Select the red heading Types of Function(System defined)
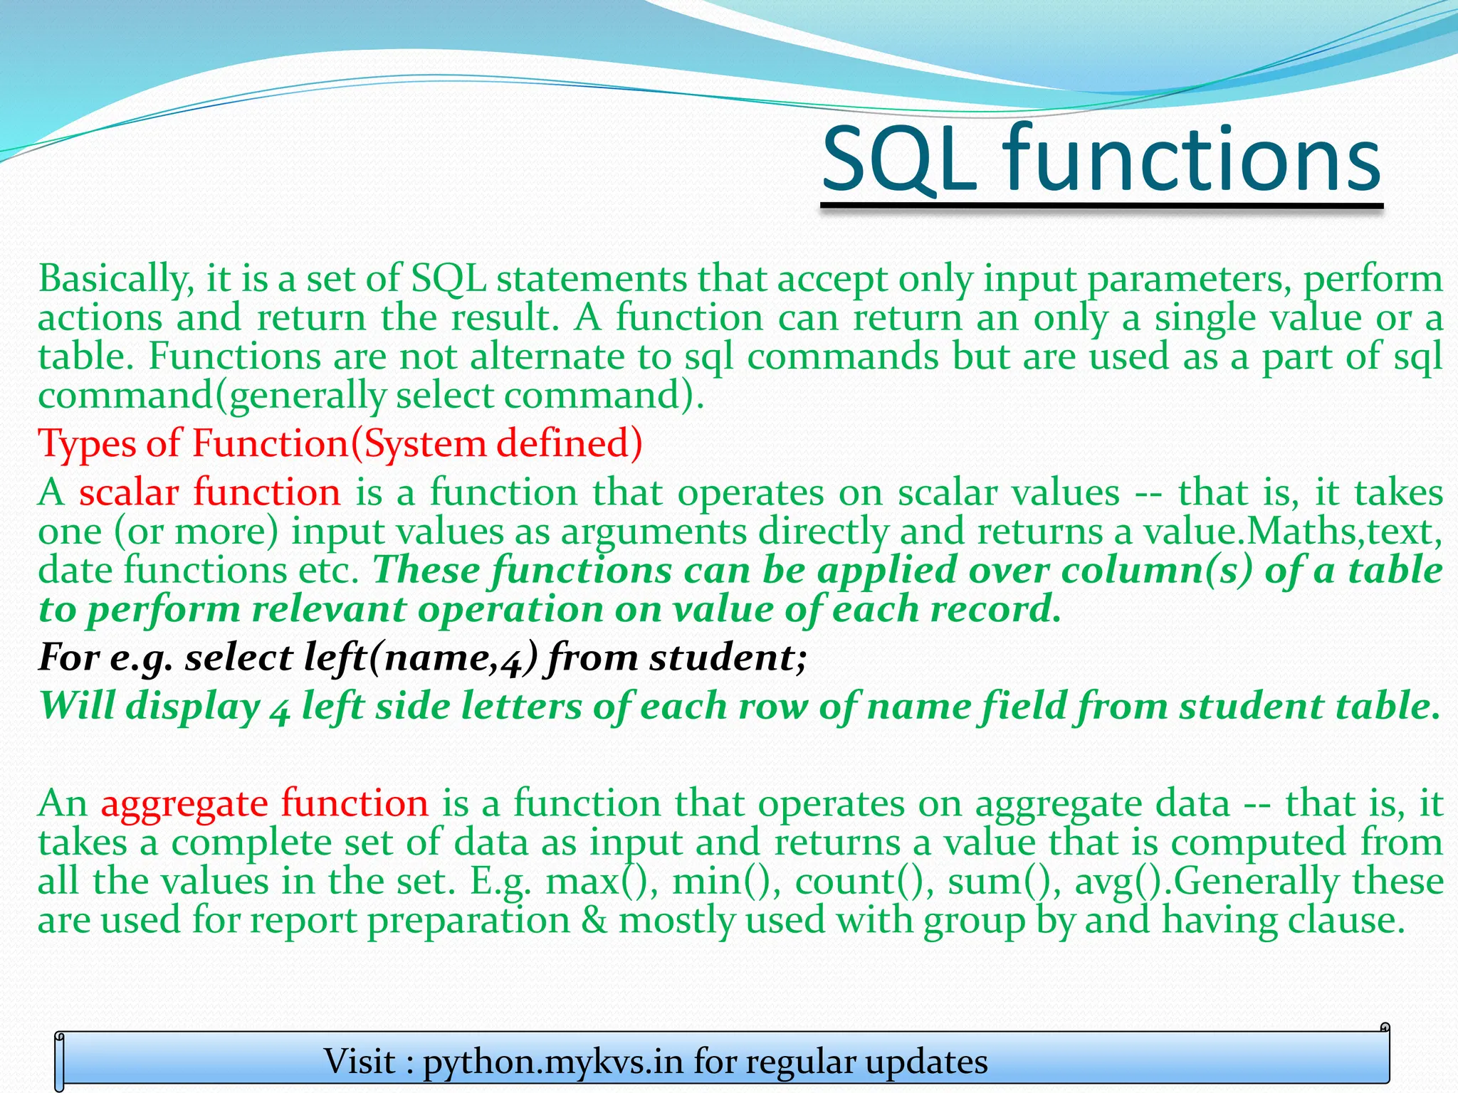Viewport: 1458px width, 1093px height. point(340,443)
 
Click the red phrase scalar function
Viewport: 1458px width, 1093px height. point(209,492)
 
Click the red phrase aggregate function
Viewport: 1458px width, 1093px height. point(264,803)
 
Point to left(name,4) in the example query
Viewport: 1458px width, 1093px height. point(420,658)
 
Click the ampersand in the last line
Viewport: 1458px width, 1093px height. point(594,920)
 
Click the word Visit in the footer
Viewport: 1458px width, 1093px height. point(360,1062)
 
